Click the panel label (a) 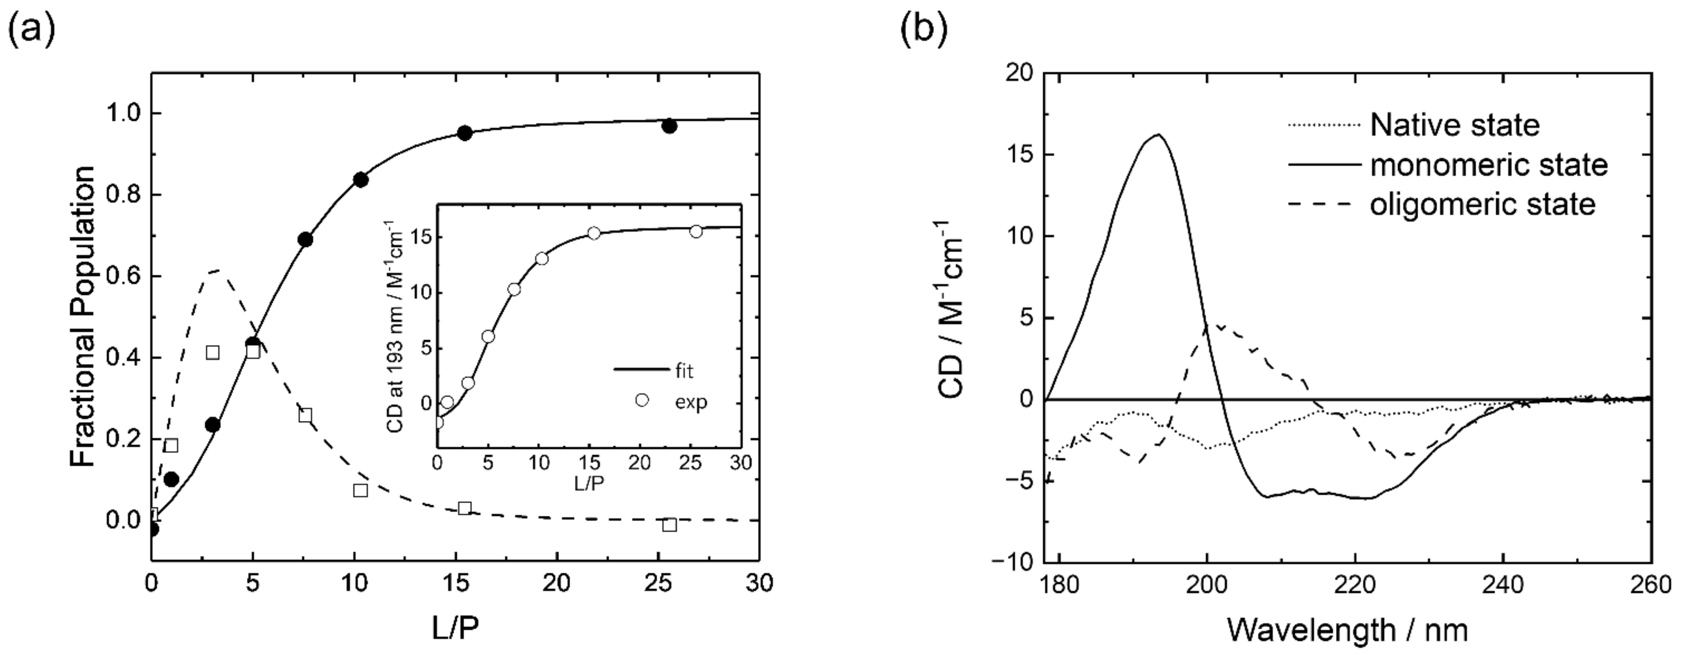point(31,30)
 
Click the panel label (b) point(923,30)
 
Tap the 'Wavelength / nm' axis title point(1347,630)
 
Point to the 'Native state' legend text point(1454,125)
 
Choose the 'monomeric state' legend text point(1488,165)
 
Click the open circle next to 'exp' point(642,400)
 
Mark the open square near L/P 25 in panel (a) point(669,525)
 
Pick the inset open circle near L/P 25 point(696,231)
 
